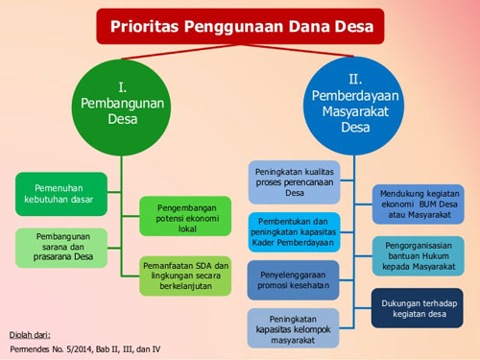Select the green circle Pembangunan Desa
pyautogui.click(x=121, y=108)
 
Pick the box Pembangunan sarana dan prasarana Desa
pyautogui.click(x=56, y=247)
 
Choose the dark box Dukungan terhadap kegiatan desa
pyautogui.click(x=417, y=307)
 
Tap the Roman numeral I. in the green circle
pyautogui.click(x=122, y=81)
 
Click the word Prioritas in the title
pyautogui.click(x=151, y=26)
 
